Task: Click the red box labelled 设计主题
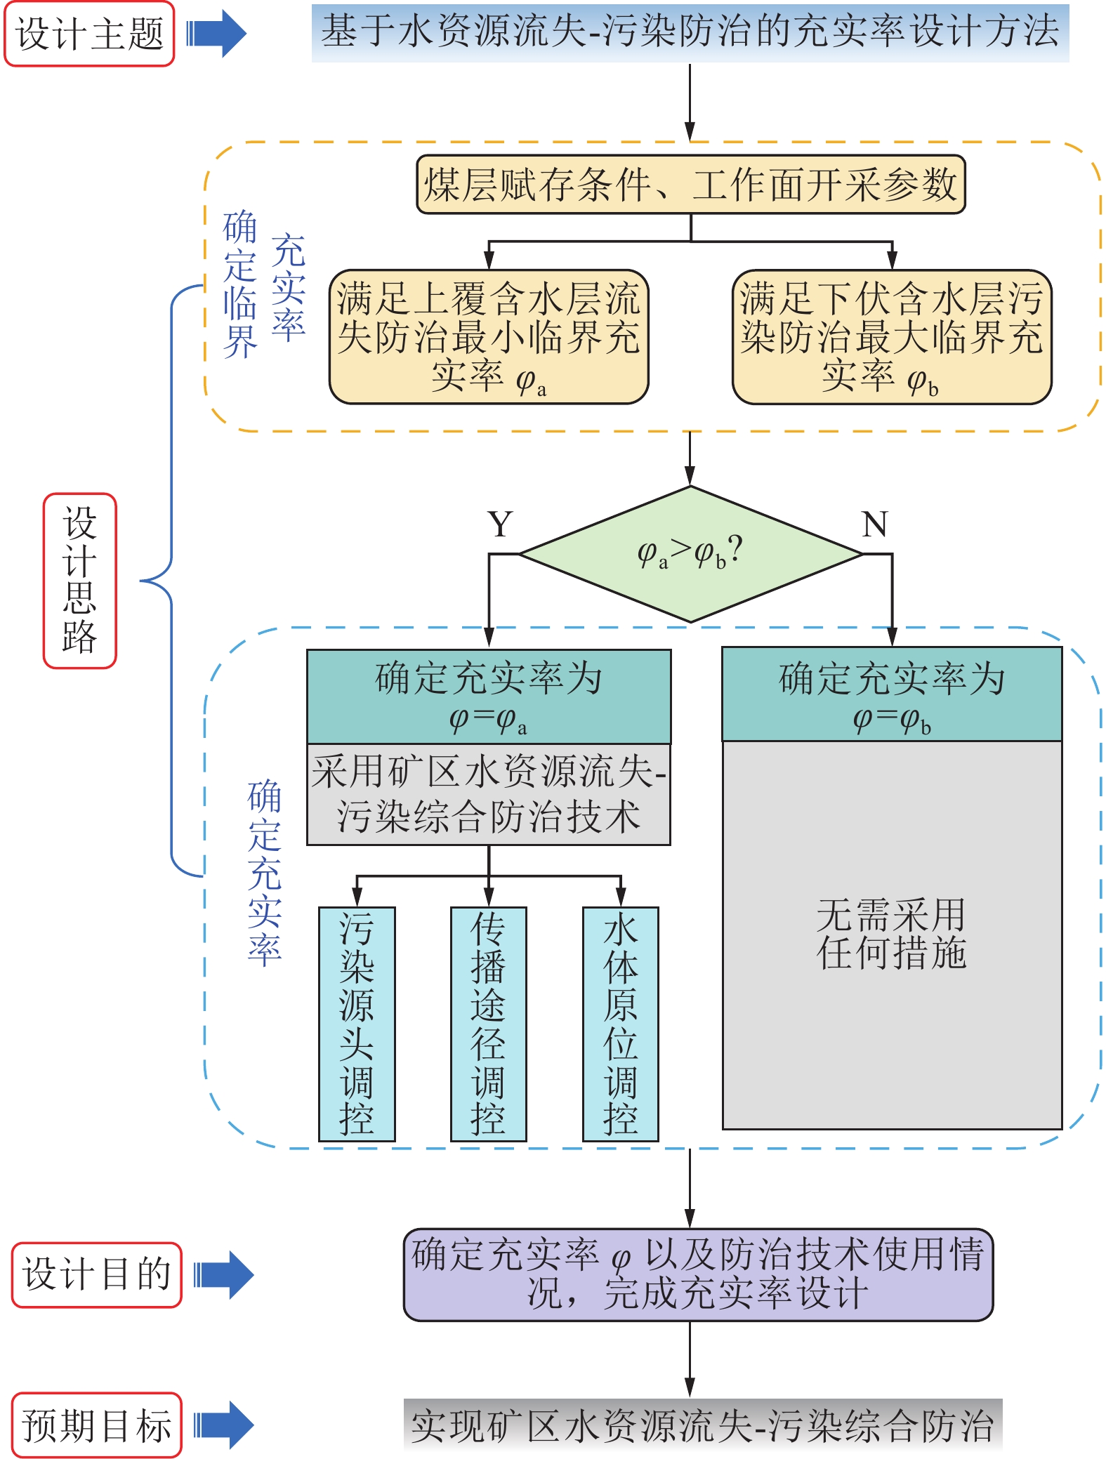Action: point(89,34)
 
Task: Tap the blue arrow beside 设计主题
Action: point(216,34)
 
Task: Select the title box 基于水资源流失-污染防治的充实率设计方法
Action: point(690,32)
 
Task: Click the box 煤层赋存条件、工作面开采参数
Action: point(691,185)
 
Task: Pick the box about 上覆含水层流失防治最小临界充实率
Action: point(489,337)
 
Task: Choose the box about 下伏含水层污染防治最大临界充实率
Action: point(892,337)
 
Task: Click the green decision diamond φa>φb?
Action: point(690,554)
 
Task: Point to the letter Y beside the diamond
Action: point(500,524)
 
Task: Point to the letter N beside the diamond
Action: point(875,524)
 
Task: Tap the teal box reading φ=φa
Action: point(489,697)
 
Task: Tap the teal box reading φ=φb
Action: point(892,694)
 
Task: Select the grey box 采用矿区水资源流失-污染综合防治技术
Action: point(489,794)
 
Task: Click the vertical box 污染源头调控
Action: point(357,1024)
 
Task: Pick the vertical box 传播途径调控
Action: point(488,1024)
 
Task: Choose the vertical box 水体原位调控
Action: point(620,1024)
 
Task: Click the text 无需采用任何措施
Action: point(892,934)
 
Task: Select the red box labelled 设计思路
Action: point(79,581)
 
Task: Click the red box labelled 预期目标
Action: point(96,1425)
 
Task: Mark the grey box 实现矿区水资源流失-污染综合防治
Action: point(702,1425)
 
